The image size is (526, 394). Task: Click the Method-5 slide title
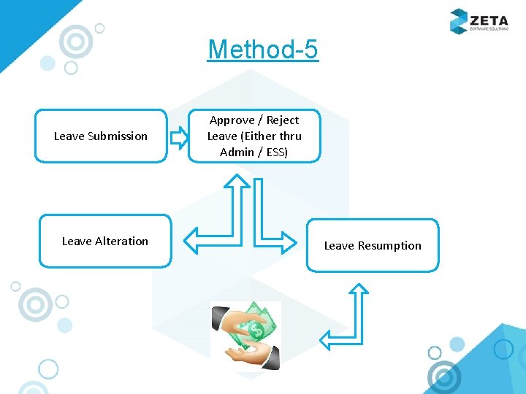pyautogui.click(x=263, y=50)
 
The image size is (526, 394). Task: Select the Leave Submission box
pyautogui.click(x=101, y=136)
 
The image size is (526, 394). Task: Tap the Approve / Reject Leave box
pyautogui.click(x=254, y=136)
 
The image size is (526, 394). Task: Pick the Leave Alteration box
pyautogui.click(x=104, y=241)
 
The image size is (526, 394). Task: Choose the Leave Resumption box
pyautogui.click(x=373, y=246)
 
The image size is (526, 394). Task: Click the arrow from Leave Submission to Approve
pyautogui.click(x=178, y=136)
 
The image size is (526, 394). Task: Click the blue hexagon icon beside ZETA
pyautogui.click(x=459, y=20)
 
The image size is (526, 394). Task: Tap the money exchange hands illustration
pyautogui.click(x=245, y=335)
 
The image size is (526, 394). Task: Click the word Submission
pyautogui.click(x=117, y=136)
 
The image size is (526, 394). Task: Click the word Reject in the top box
pyautogui.click(x=283, y=120)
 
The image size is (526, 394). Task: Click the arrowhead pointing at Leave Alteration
pyautogui.click(x=192, y=239)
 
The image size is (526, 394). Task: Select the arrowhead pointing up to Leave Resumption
pyautogui.click(x=359, y=290)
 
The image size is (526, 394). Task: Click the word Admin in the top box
pyautogui.click(x=235, y=152)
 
